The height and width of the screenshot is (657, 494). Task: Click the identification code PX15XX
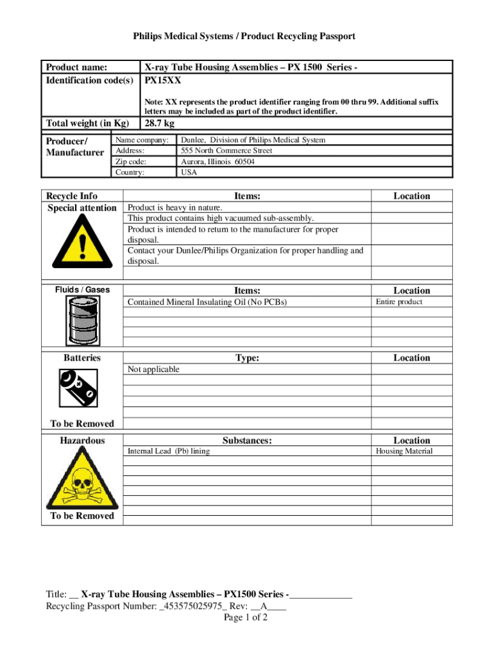tap(163, 80)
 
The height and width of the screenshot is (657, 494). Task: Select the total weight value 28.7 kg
tap(160, 123)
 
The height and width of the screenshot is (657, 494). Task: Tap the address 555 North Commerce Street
tap(226, 151)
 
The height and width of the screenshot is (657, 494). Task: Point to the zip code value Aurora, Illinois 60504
tap(217, 162)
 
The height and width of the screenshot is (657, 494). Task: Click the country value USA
tap(189, 173)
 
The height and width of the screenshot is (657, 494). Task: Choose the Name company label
tap(142, 140)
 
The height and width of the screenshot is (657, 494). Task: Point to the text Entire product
tap(399, 302)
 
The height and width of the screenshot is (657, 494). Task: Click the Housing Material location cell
tap(404, 451)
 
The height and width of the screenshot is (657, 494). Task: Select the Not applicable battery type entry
tap(154, 370)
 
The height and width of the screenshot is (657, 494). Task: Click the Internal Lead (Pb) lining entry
tap(169, 451)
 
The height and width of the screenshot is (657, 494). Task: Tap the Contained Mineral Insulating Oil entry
tap(207, 302)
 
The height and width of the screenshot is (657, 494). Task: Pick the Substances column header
tap(247, 440)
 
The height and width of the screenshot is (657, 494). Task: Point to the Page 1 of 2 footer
tap(246, 618)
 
